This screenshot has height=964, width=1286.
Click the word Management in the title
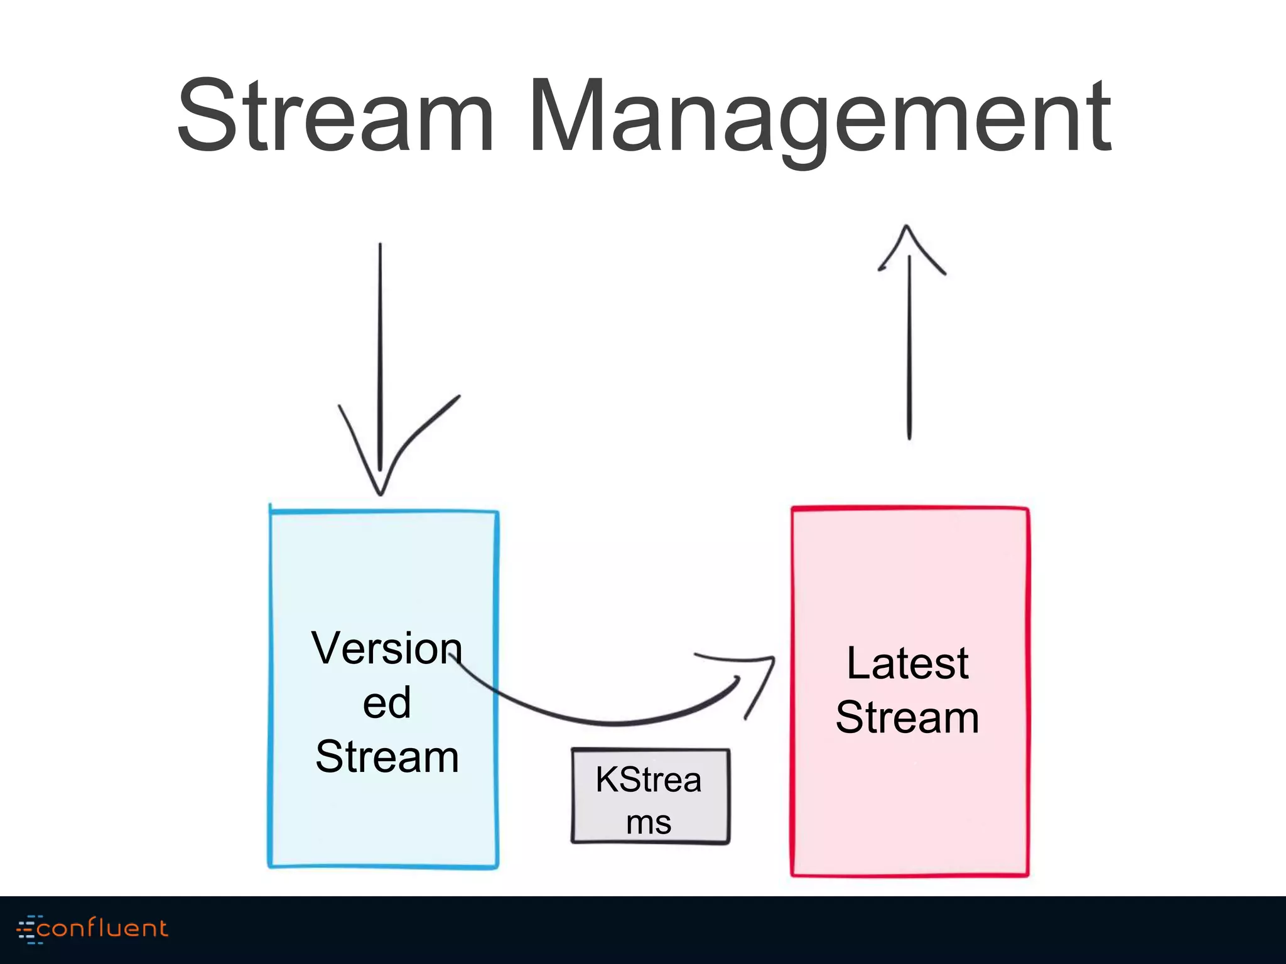click(819, 116)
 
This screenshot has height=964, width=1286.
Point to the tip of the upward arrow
click(906, 227)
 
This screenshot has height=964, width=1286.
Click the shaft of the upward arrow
click(909, 351)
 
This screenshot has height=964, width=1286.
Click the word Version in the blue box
click(386, 648)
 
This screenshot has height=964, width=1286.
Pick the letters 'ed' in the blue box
click(387, 703)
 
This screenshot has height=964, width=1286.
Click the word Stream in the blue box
click(387, 756)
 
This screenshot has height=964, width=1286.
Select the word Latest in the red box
click(907, 663)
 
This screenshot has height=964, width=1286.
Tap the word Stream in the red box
click(907, 717)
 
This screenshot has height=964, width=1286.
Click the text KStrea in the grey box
click(648, 779)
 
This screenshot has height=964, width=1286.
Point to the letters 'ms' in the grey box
click(649, 823)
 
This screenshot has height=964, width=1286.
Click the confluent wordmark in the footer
click(102, 928)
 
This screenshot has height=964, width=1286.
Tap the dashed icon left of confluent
click(28, 929)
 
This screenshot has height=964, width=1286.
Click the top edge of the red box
click(909, 508)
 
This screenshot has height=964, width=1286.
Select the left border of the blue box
click(271, 690)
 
